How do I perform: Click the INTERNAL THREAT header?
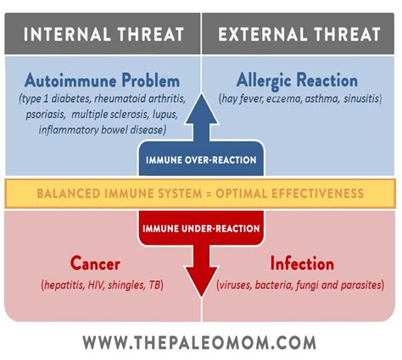point(103,34)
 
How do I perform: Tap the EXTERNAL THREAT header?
point(299,34)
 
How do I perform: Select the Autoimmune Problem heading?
point(102,80)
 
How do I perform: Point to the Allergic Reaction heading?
point(297,81)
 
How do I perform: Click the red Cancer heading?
point(95,263)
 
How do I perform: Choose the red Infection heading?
point(302,263)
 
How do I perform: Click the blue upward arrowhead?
point(201,109)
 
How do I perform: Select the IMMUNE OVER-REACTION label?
point(201,160)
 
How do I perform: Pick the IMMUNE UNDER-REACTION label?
point(201,228)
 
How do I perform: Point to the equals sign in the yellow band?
point(209,194)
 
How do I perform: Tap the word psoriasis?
point(45,115)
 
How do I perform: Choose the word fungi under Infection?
point(307,285)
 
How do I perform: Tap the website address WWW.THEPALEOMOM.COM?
point(199,342)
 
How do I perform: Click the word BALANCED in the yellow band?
point(70,194)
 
